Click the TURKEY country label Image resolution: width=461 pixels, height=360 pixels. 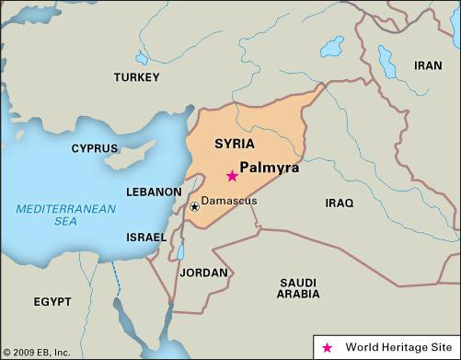[x=137, y=77]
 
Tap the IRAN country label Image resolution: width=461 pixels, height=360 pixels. [x=427, y=65]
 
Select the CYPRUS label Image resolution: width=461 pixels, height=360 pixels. [x=95, y=148]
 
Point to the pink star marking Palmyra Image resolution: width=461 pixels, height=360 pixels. [x=232, y=176]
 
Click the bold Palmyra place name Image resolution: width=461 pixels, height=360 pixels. [x=269, y=168]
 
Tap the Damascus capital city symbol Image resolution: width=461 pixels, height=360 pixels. [x=194, y=206]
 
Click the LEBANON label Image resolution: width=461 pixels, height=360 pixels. [x=153, y=192]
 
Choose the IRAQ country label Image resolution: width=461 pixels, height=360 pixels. [x=339, y=201]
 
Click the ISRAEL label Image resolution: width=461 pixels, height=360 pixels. [x=145, y=237]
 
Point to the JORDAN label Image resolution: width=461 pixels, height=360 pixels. [x=203, y=273]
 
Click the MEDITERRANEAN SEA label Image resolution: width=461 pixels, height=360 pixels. [x=64, y=215]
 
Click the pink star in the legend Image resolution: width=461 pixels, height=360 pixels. [x=328, y=347]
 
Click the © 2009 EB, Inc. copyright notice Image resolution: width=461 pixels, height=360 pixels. [x=37, y=351]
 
